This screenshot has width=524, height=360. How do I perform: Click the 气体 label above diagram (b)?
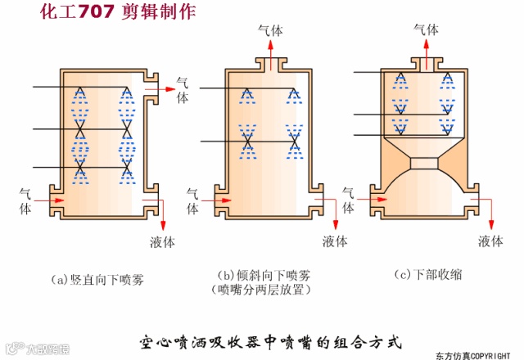coord(271,30)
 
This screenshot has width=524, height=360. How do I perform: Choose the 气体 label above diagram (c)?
coord(426,30)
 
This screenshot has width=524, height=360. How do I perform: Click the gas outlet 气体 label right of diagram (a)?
coord(182,89)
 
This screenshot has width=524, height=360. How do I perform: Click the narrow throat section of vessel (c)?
coord(424,163)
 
